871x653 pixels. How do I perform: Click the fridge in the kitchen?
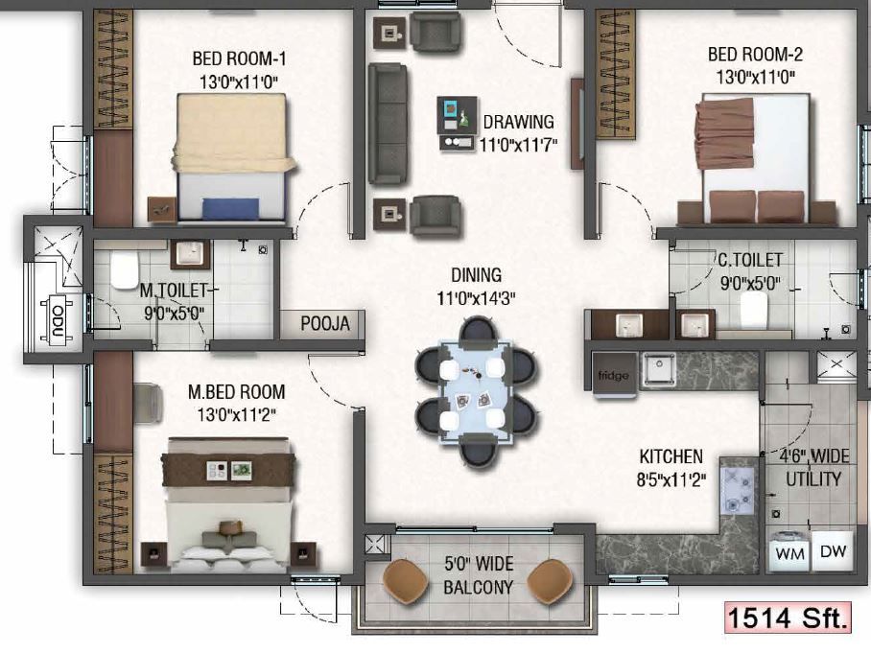tap(614, 375)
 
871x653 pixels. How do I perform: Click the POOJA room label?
tap(325, 324)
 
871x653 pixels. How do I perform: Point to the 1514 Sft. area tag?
tap(788, 617)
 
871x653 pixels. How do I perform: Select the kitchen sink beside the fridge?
tap(660, 370)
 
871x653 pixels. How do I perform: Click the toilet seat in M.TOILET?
tap(124, 269)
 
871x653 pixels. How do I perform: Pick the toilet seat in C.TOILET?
tap(754, 310)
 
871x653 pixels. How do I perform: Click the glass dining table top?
tap(476, 392)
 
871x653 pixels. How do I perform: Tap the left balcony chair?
tap(405, 580)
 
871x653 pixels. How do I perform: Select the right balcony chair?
tap(550, 581)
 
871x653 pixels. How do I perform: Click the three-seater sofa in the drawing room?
tap(388, 124)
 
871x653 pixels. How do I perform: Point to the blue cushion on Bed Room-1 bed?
tap(230, 209)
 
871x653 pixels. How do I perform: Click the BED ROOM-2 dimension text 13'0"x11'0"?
tap(756, 78)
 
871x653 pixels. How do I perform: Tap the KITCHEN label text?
tap(671, 456)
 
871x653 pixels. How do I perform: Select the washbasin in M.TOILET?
tap(190, 254)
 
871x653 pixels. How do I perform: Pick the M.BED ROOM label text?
tap(237, 392)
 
